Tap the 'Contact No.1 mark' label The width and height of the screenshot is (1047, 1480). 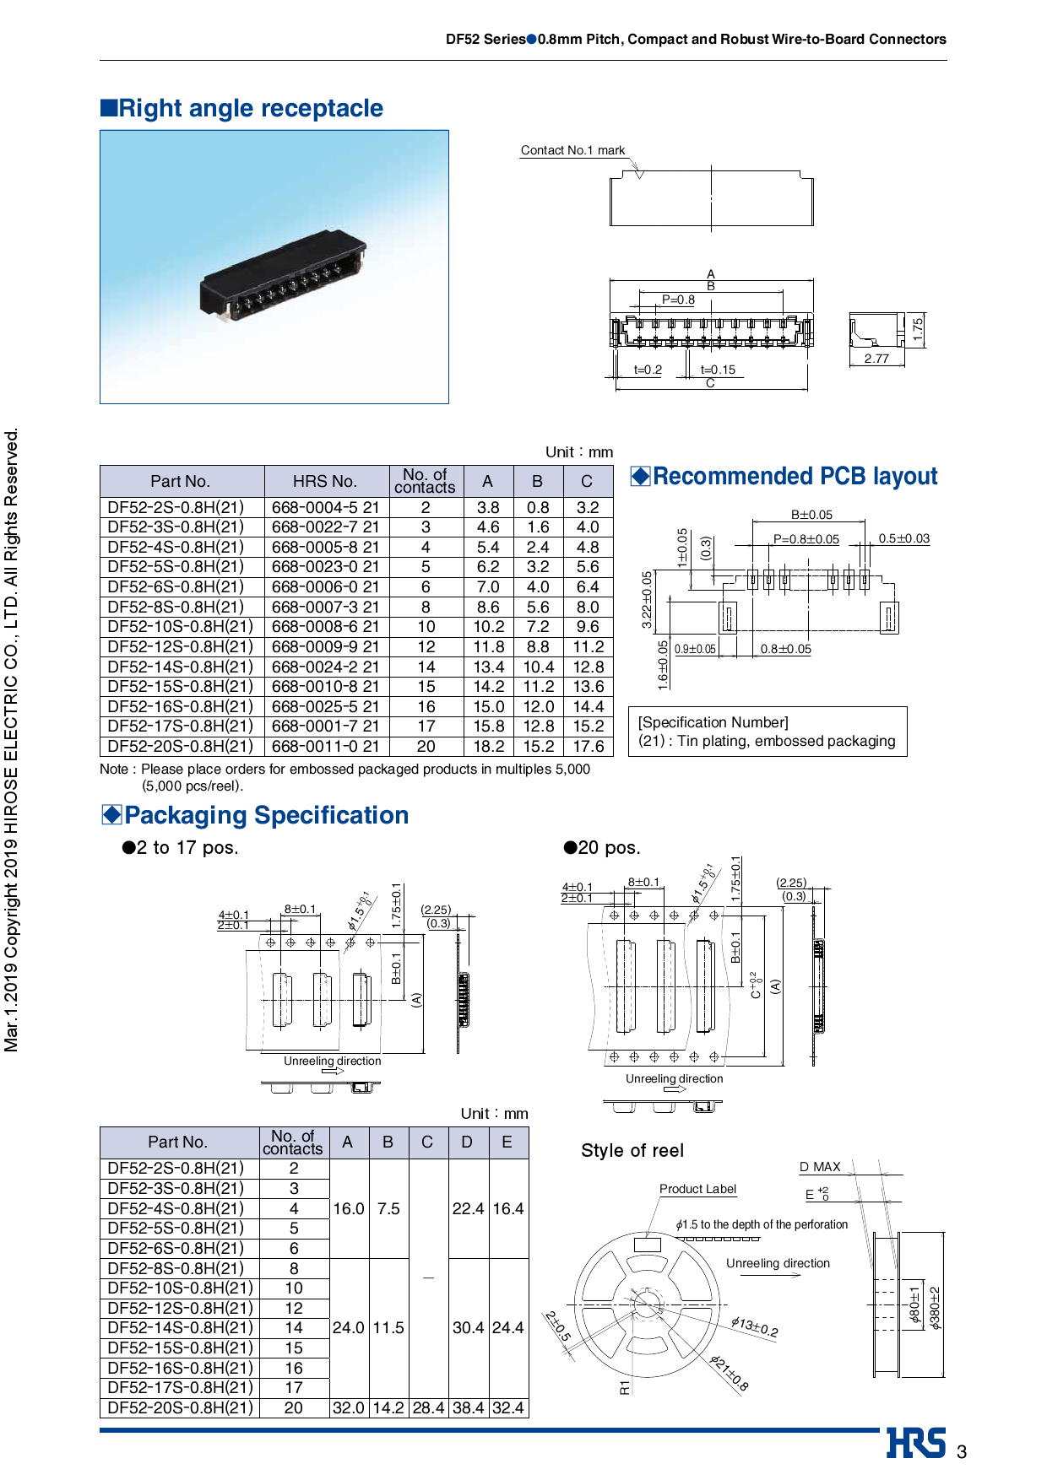(x=572, y=150)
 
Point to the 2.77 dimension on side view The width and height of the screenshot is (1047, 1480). (x=876, y=359)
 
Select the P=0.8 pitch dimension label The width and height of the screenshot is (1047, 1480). (x=678, y=300)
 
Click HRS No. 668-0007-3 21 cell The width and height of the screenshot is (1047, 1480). (x=325, y=607)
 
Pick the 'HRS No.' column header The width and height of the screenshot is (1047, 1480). (x=325, y=481)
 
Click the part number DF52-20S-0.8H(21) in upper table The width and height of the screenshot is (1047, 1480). (x=180, y=746)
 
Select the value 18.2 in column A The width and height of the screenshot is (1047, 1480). (x=488, y=746)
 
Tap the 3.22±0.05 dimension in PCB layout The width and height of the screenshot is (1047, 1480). (x=647, y=600)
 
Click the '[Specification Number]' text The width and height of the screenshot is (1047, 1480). (x=713, y=722)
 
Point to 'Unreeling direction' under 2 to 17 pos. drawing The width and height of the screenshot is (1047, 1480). (x=332, y=1061)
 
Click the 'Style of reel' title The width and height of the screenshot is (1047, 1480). (x=632, y=1150)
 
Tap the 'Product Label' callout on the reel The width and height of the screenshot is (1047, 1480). (x=697, y=1189)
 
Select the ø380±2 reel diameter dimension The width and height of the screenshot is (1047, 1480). (x=935, y=1308)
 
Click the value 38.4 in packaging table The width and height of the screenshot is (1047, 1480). (x=468, y=1407)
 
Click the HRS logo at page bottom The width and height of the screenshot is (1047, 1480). (x=915, y=1443)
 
